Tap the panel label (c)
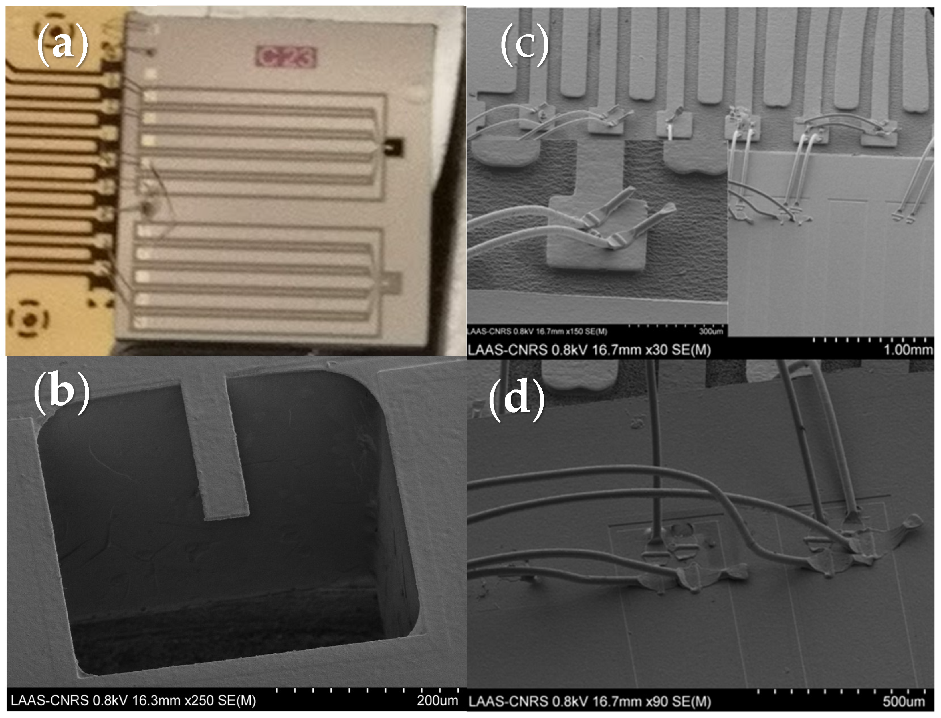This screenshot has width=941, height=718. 524,45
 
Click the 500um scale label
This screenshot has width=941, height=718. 903,701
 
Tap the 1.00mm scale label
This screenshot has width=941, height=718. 908,350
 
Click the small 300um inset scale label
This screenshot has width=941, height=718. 711,331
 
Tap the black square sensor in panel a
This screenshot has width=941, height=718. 393,147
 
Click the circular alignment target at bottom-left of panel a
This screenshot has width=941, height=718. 28,318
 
